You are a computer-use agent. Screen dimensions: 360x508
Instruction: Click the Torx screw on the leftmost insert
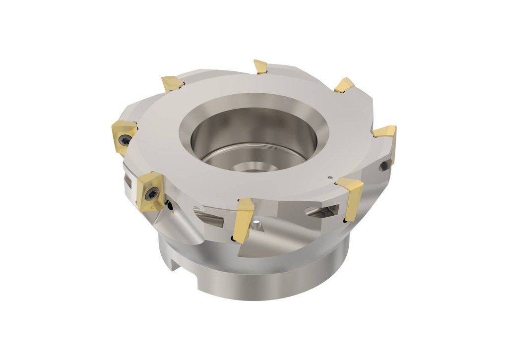coord(127,140)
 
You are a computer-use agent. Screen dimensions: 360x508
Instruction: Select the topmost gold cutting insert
coord(260,66)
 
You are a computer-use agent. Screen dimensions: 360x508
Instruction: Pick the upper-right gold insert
coord(344,85)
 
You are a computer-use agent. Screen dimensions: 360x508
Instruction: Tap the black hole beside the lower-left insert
coord(170,204)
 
